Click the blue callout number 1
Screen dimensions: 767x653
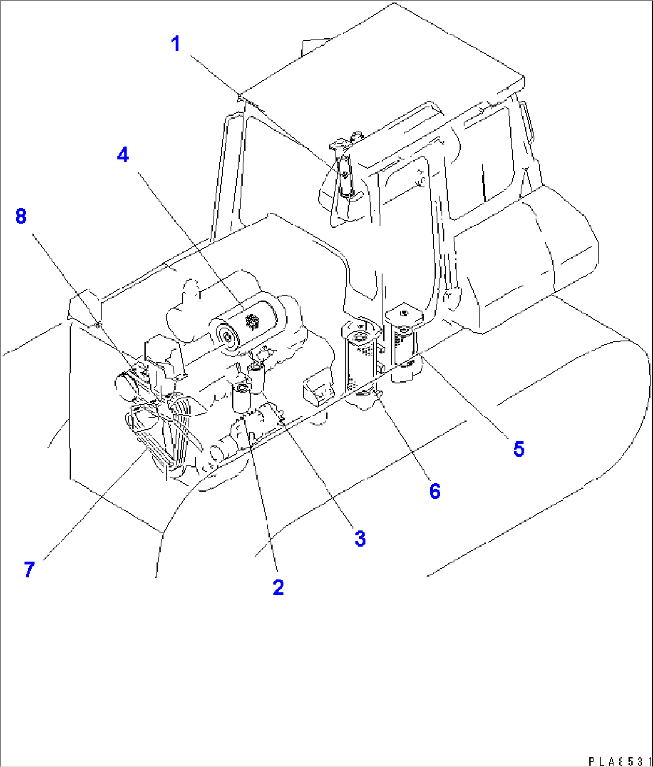point(176,44)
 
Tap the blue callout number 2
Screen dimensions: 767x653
point(278,587)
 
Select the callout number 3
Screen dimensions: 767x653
point(359,538)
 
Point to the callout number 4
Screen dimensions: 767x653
point(123,156)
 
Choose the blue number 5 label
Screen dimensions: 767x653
point(518,448)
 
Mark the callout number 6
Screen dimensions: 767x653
point(435,491)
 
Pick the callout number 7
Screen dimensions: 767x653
point(29,569)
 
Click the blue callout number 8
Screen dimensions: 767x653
point(21,216)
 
